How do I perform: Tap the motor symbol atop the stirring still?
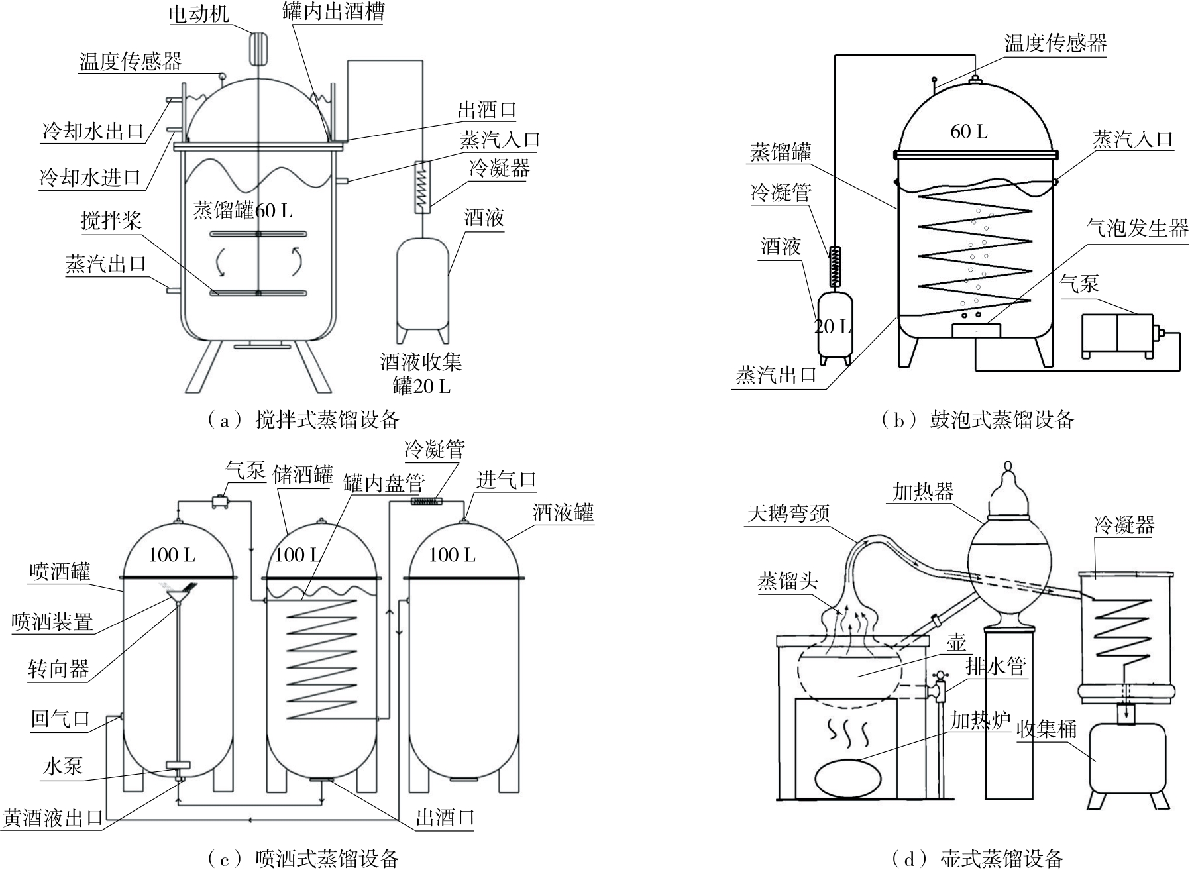257,46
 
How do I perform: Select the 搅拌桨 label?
111,221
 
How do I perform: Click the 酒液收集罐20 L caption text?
421,373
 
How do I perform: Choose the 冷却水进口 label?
91,177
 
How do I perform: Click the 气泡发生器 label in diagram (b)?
1137,229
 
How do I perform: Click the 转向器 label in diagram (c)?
58,669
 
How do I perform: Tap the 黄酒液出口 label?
53,818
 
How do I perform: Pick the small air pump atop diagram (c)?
219,502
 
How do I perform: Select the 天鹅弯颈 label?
788,514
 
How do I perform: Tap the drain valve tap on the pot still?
938,686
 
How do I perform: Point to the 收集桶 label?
1047,729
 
